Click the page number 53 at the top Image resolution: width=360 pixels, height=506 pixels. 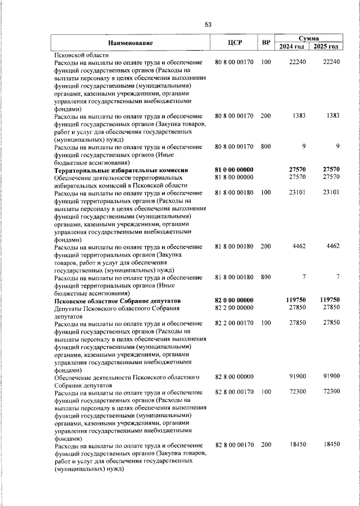point(208,24)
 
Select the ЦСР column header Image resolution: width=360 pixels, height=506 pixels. point(235,43)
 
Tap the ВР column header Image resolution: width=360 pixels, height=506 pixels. point(266,43)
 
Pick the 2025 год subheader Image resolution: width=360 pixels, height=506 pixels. point(326,47)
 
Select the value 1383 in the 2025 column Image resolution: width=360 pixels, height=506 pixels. point(332,115)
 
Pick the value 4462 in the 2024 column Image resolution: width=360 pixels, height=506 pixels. point(298,246)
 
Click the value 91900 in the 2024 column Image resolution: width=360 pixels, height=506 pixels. point(296,377)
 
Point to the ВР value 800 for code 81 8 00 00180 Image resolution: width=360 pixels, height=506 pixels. point(266,277)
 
